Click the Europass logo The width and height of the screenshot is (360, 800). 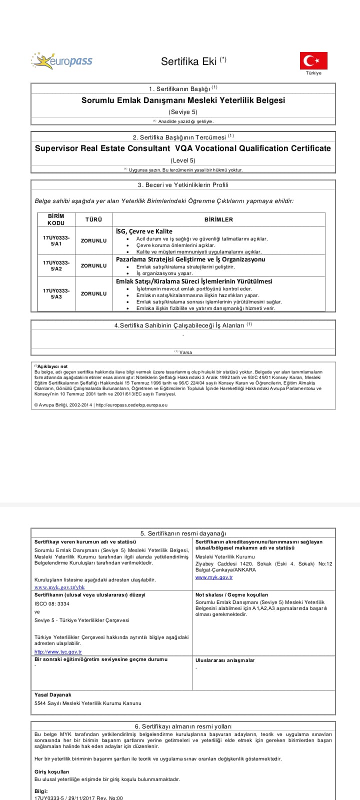point(61,61)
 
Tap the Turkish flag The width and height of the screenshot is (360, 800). point(313,60)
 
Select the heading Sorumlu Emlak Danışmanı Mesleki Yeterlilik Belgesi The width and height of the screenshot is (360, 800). point(183,100)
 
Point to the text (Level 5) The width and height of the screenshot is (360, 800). point(183,160)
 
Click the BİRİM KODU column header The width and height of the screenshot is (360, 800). point(56,219)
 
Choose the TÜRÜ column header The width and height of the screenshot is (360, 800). point(93,219)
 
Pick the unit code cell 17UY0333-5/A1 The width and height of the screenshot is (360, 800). point(56,240)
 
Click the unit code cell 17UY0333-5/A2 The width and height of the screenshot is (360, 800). point(56,265)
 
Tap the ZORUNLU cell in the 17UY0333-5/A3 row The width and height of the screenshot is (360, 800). point(93,293)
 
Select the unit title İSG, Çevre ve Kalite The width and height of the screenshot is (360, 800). point(144,231)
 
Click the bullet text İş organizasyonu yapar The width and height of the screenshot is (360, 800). point(164,273)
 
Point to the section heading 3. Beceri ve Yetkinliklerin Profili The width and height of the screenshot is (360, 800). point(183,185)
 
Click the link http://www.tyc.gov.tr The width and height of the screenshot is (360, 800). point(58,652)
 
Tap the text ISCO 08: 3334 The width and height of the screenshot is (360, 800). point(52,603)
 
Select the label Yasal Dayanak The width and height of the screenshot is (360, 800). point(53,694)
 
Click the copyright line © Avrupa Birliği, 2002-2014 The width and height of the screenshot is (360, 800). point(100,404)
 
